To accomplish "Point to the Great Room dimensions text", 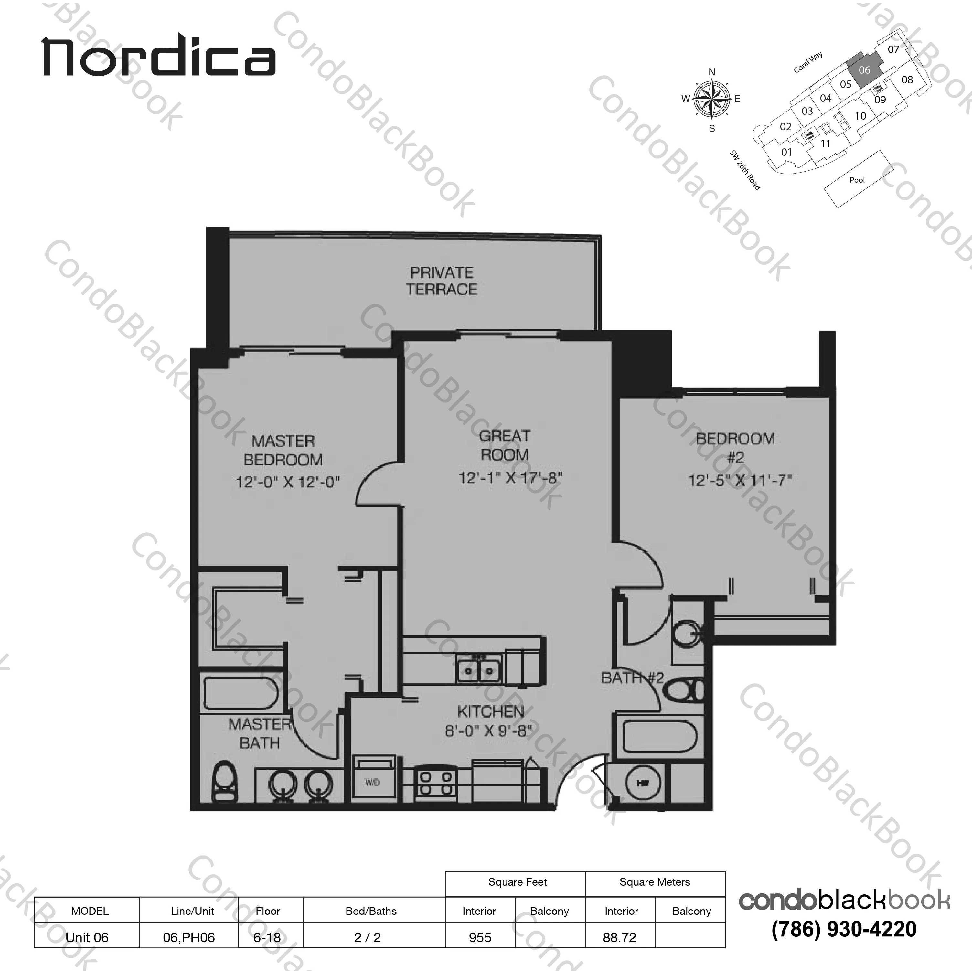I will (x=510, y=477).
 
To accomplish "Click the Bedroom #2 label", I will (x=735, y=447).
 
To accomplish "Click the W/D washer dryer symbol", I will (x=372, y=782).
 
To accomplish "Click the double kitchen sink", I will (x=478, y=669).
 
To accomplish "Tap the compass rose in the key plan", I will (x=711, y=99).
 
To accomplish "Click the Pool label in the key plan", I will (x=857, y=180).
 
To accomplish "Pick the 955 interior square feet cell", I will (x=480, y=937).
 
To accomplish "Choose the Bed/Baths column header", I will (x=371, y=911).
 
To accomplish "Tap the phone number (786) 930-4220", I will (x=844, y=929).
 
